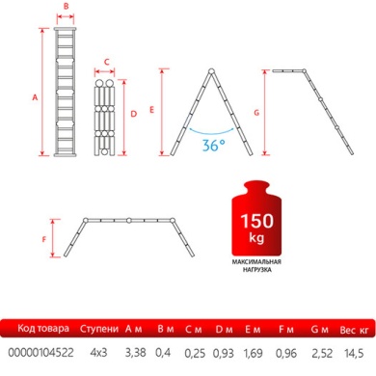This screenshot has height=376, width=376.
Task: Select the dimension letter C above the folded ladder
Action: pyautogui.click(x=107, y=61)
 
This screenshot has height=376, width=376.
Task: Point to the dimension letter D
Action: pyautogui.click(x=134, y=113)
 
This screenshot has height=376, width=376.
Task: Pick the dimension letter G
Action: pyautogui.click(x=256, y=113)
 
